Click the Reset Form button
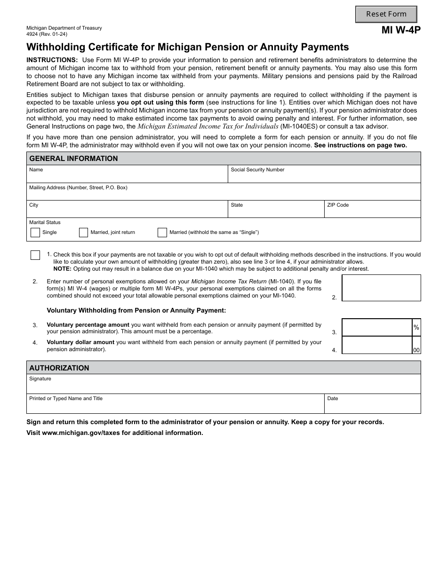tap(386, 14)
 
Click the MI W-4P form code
tap(401, 30)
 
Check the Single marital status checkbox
tap(35, 233)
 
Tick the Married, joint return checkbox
tap(84, 233)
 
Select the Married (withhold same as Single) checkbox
tap(162, 233)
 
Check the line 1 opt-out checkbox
tap(35, 255)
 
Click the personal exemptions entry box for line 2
tap(381, 288)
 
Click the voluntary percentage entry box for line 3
tap(377, 327)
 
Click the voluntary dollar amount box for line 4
tap(377, 345)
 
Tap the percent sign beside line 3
tap(416, 327)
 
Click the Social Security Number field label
tap(257, 170)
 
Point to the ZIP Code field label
tap(338, 205)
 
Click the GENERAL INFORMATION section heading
tap(73, 159)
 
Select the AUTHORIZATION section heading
tap(59, 368)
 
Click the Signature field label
tap(40, 379)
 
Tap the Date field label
tap(333, 399)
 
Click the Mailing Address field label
tap(78, 188)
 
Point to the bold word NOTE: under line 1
tap(62, 269)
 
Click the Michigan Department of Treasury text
tap(64, 28)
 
